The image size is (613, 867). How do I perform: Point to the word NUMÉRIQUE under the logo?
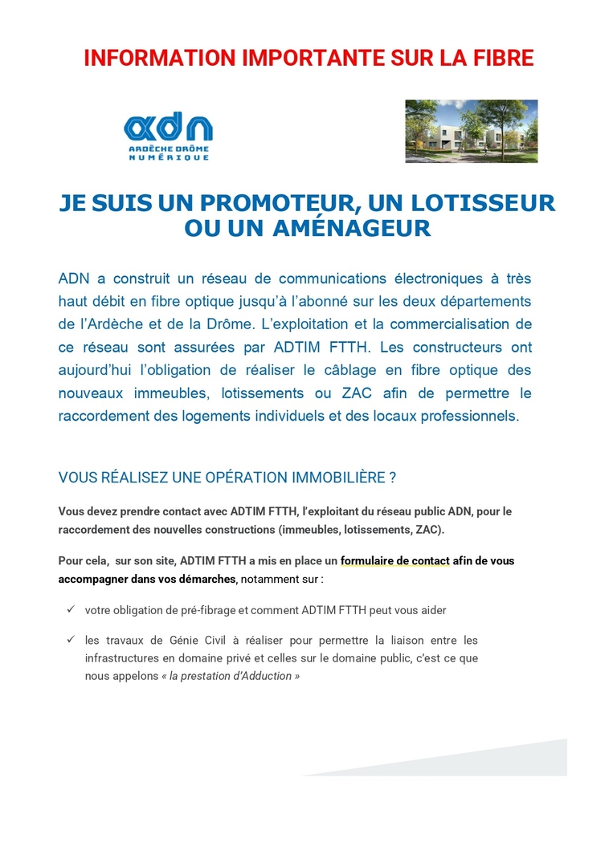tap(169, 157)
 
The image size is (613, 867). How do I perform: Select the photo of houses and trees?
tap(471, 131)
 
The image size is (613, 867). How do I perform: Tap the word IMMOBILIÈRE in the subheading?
tap(334, 478)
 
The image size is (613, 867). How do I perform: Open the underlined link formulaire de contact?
tap(394, 561)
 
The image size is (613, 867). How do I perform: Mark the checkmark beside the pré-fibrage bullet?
tap(70, 610)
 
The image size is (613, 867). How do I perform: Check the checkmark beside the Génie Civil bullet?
tap(70, 640)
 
